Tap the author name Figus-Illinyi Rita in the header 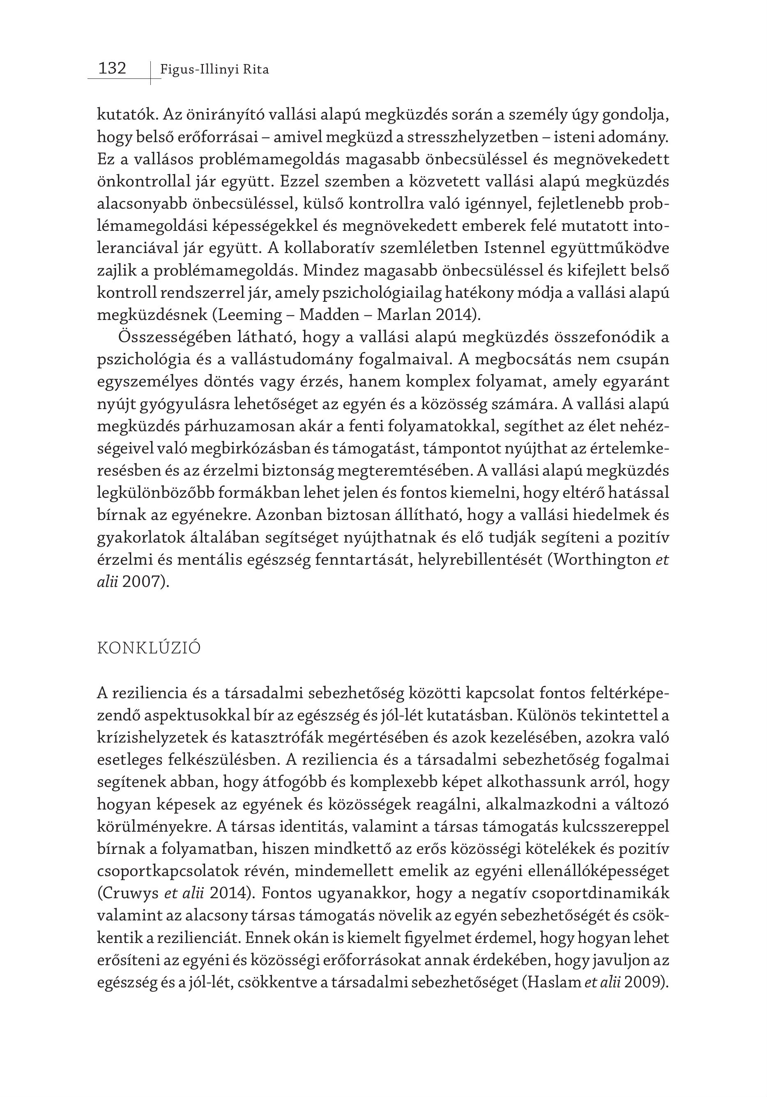coord(214,70)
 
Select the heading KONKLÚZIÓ coord(149,649)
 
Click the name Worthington coord(600,559)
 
